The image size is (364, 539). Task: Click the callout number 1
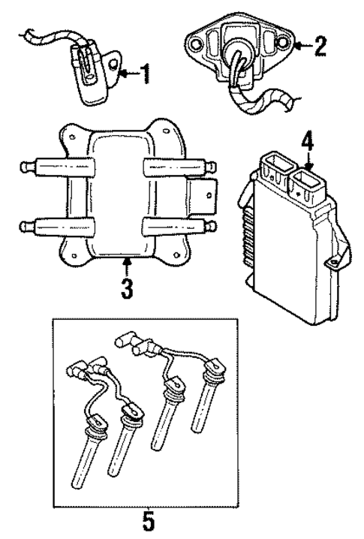click(x=144, y=74)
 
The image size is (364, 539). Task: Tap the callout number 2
click(x=320, y=47)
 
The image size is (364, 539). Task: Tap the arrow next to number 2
click(x=301, y=47)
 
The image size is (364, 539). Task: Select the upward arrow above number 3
click(x=128, y=265)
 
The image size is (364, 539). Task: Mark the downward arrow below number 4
click(x=307, y=159)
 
